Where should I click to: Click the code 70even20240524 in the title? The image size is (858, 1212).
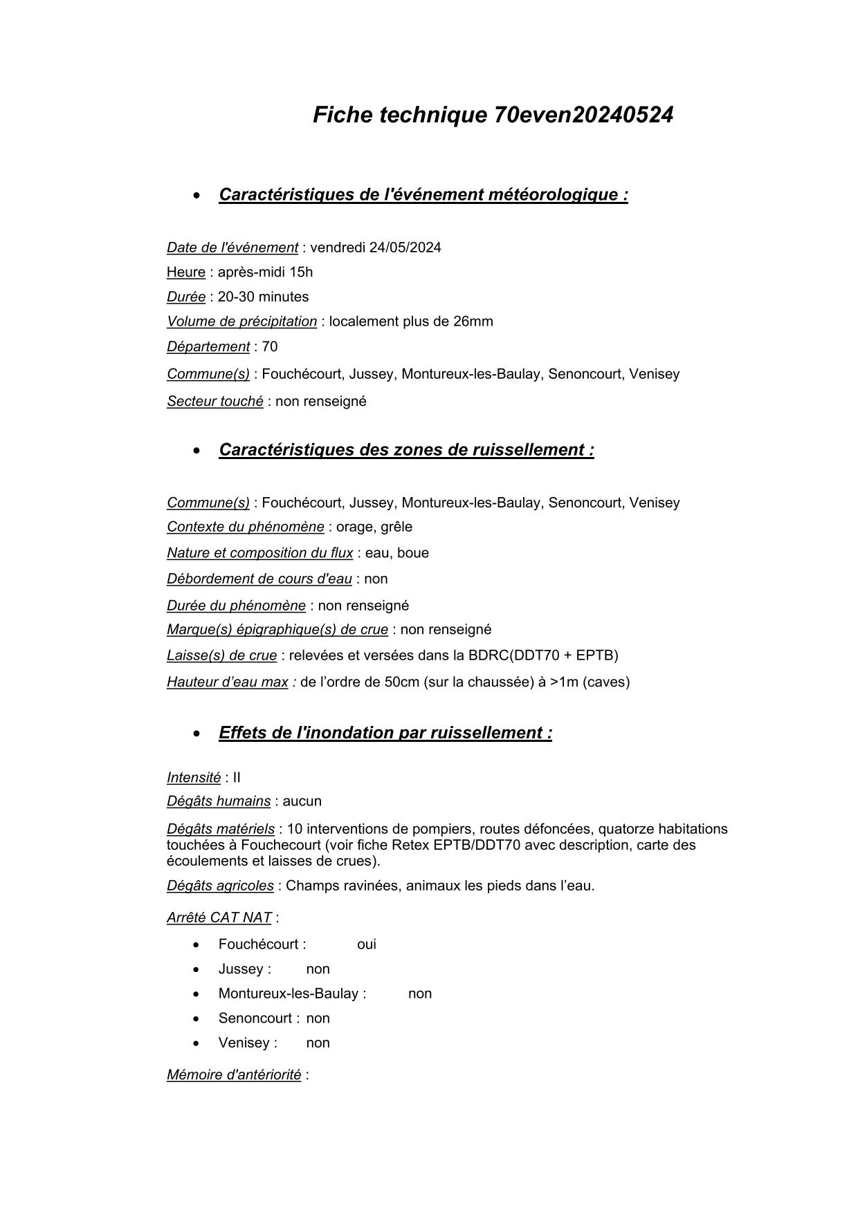pos(583,115)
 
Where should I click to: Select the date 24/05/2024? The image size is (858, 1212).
pos(405,248)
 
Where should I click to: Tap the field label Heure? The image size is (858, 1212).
pos(186,272)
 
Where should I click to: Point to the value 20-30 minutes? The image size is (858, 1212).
pos(263,297)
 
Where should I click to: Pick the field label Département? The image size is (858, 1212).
pos(208,347)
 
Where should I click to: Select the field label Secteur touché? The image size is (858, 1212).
pos(215,402)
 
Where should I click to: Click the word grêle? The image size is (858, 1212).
pos(396,527)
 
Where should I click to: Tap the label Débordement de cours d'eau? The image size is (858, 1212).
pos(259,579)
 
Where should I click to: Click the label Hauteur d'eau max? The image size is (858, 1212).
pos(228,682)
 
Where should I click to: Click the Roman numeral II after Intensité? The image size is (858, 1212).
pos(237,778)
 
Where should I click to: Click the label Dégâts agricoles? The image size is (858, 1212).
pos(220,886)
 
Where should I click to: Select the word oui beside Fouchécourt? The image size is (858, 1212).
pos(367,944)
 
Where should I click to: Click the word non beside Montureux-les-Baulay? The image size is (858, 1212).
pos(420,994)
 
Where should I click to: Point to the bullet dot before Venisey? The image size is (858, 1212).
pos(197,1043)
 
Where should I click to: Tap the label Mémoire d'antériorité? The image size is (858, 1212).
pos(234,1075)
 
